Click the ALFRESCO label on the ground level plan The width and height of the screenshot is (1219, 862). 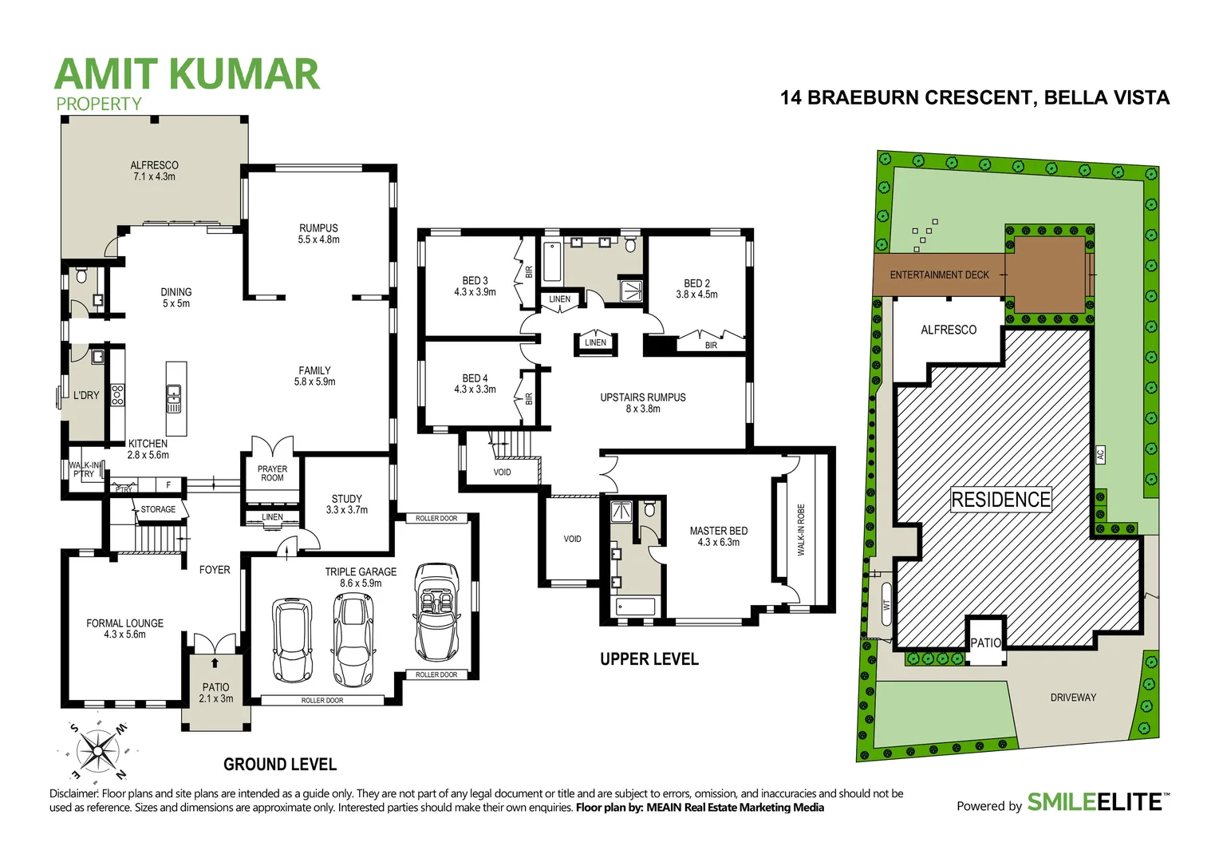(155, 171)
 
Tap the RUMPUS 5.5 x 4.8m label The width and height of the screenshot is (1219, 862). (318, 234)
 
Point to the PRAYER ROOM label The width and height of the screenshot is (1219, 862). (272, 473)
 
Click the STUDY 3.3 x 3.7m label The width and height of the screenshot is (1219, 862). (346, 504)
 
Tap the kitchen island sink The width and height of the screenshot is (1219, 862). (174, 397)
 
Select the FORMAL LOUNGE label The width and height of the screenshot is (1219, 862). (124, 629)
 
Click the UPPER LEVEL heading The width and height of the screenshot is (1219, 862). (649, 659)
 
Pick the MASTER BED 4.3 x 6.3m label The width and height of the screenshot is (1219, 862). (718, 536)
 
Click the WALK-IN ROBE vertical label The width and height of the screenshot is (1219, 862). (801, 529)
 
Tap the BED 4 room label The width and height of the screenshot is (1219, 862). (475, 384)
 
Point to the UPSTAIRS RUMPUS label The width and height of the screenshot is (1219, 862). (642, 403)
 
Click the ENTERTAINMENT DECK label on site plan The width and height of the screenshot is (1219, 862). (939, 275)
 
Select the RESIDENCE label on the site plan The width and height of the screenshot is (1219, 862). (1000, 500)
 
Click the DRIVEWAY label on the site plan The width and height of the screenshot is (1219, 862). (1073, 698)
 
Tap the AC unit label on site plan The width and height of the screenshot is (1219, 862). (1100, 455)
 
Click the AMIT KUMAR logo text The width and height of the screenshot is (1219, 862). (187, 74)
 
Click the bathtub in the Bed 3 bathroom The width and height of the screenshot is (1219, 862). (551, 262)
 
